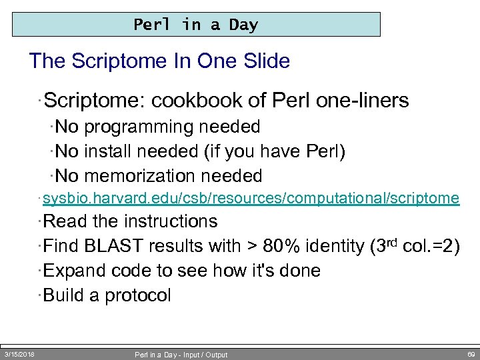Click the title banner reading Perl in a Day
(195, 25)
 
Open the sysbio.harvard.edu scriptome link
(251, 198)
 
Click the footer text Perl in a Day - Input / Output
(181, 355)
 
